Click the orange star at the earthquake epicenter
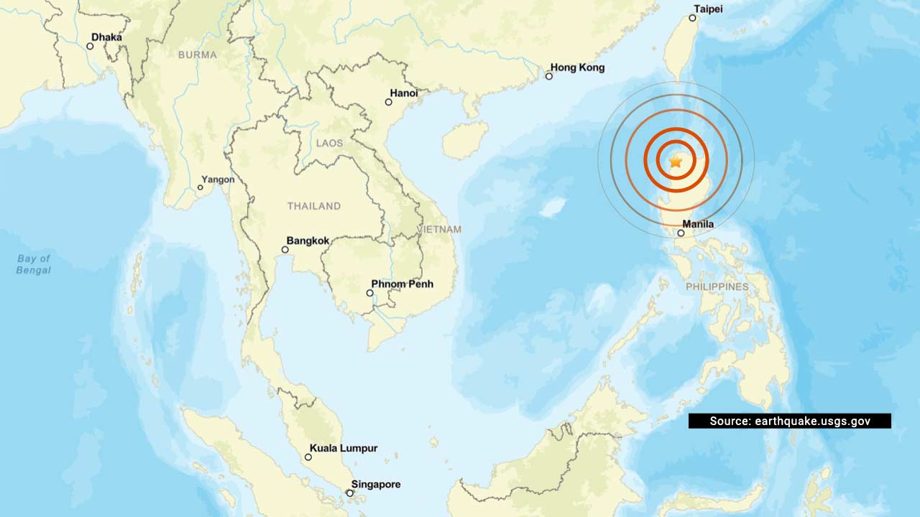coord(676,162)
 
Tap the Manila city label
coord(699,224)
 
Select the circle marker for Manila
coord(681,233)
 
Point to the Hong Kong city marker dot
coord(549,75)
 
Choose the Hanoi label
coord(403,93)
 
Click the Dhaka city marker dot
coord(90,46)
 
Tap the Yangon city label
coord(218,180)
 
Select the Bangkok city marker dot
coord(285,250)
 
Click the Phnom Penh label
coord(402,284)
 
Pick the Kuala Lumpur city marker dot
coord(308,457)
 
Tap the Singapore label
coord(376,485)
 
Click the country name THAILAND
coord(314,206)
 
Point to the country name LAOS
coord(330,144)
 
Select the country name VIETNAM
coord(439,229)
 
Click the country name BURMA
coord(196,55)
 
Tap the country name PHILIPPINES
coord(717,287)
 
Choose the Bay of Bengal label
coord(34,264)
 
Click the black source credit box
coord(789,421)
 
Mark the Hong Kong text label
coord(577,67)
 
